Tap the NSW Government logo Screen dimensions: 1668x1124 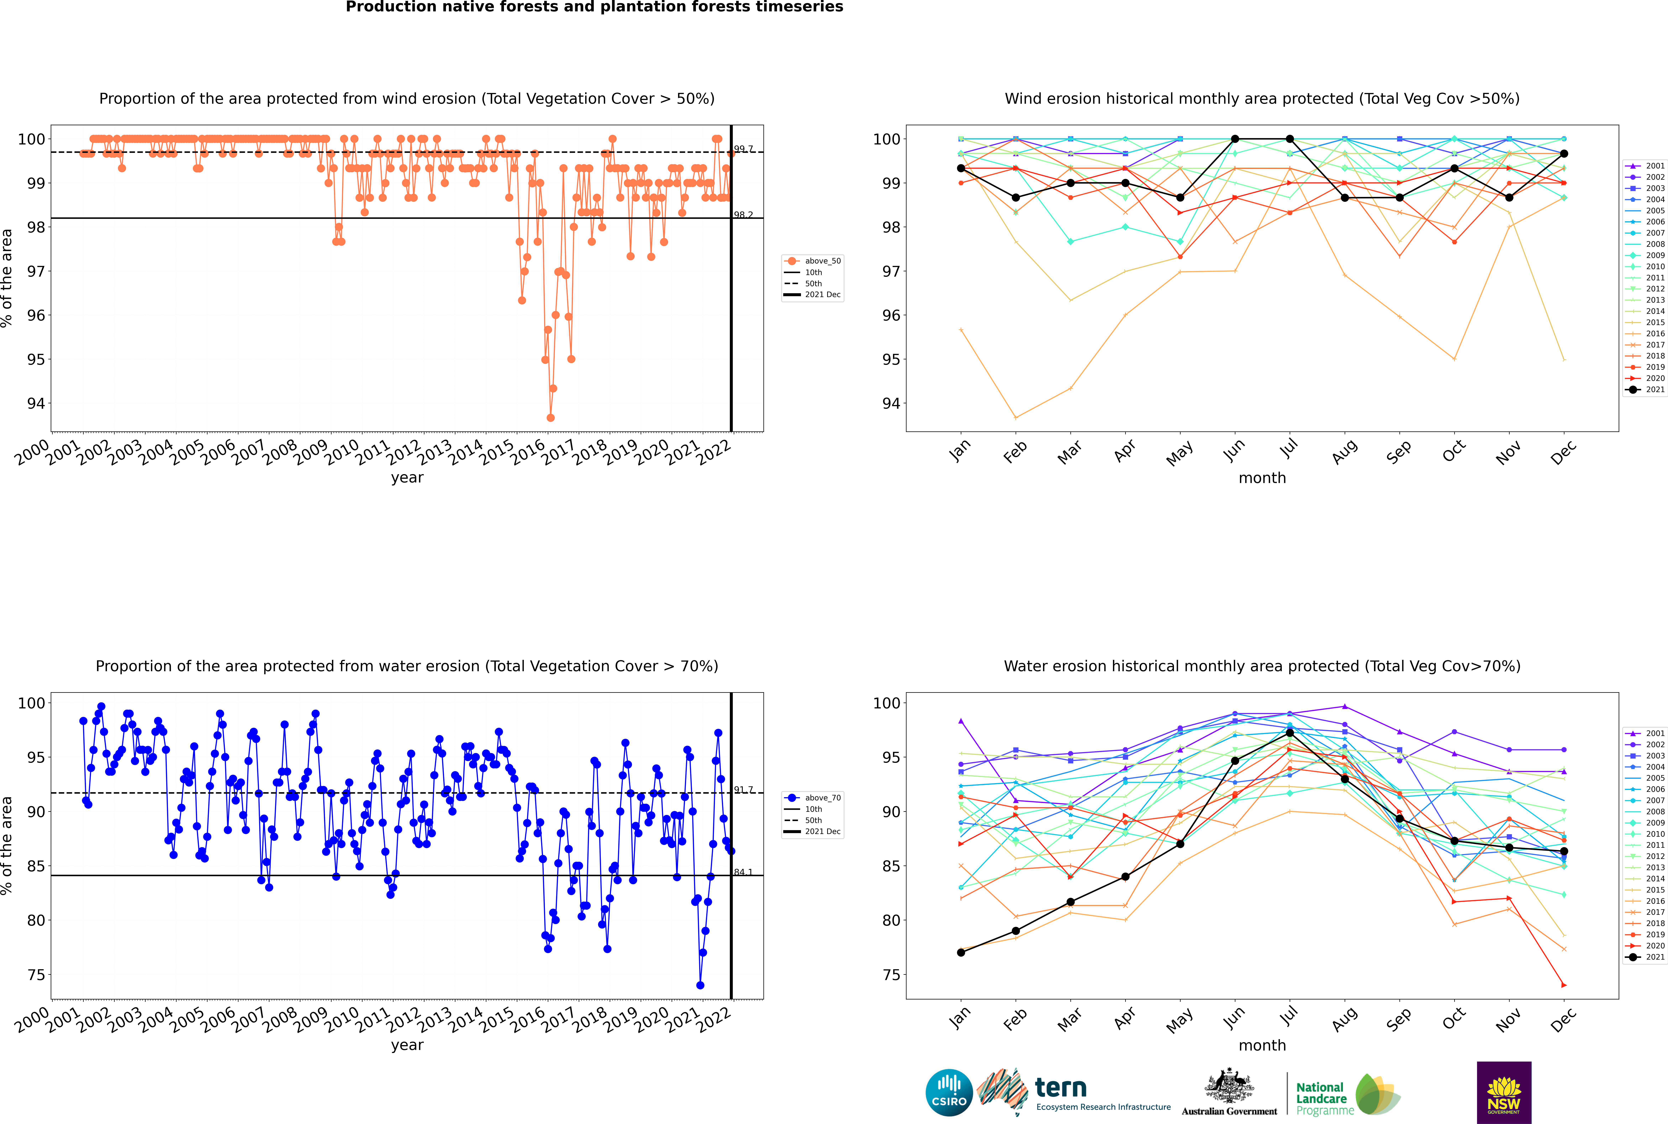(1504, 1093)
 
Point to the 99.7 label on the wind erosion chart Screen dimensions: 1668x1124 (744, 149)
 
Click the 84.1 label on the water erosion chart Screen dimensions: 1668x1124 (744, 872)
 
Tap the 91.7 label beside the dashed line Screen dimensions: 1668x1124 (744, 790)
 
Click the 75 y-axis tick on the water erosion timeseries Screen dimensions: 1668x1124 (36, 975)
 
